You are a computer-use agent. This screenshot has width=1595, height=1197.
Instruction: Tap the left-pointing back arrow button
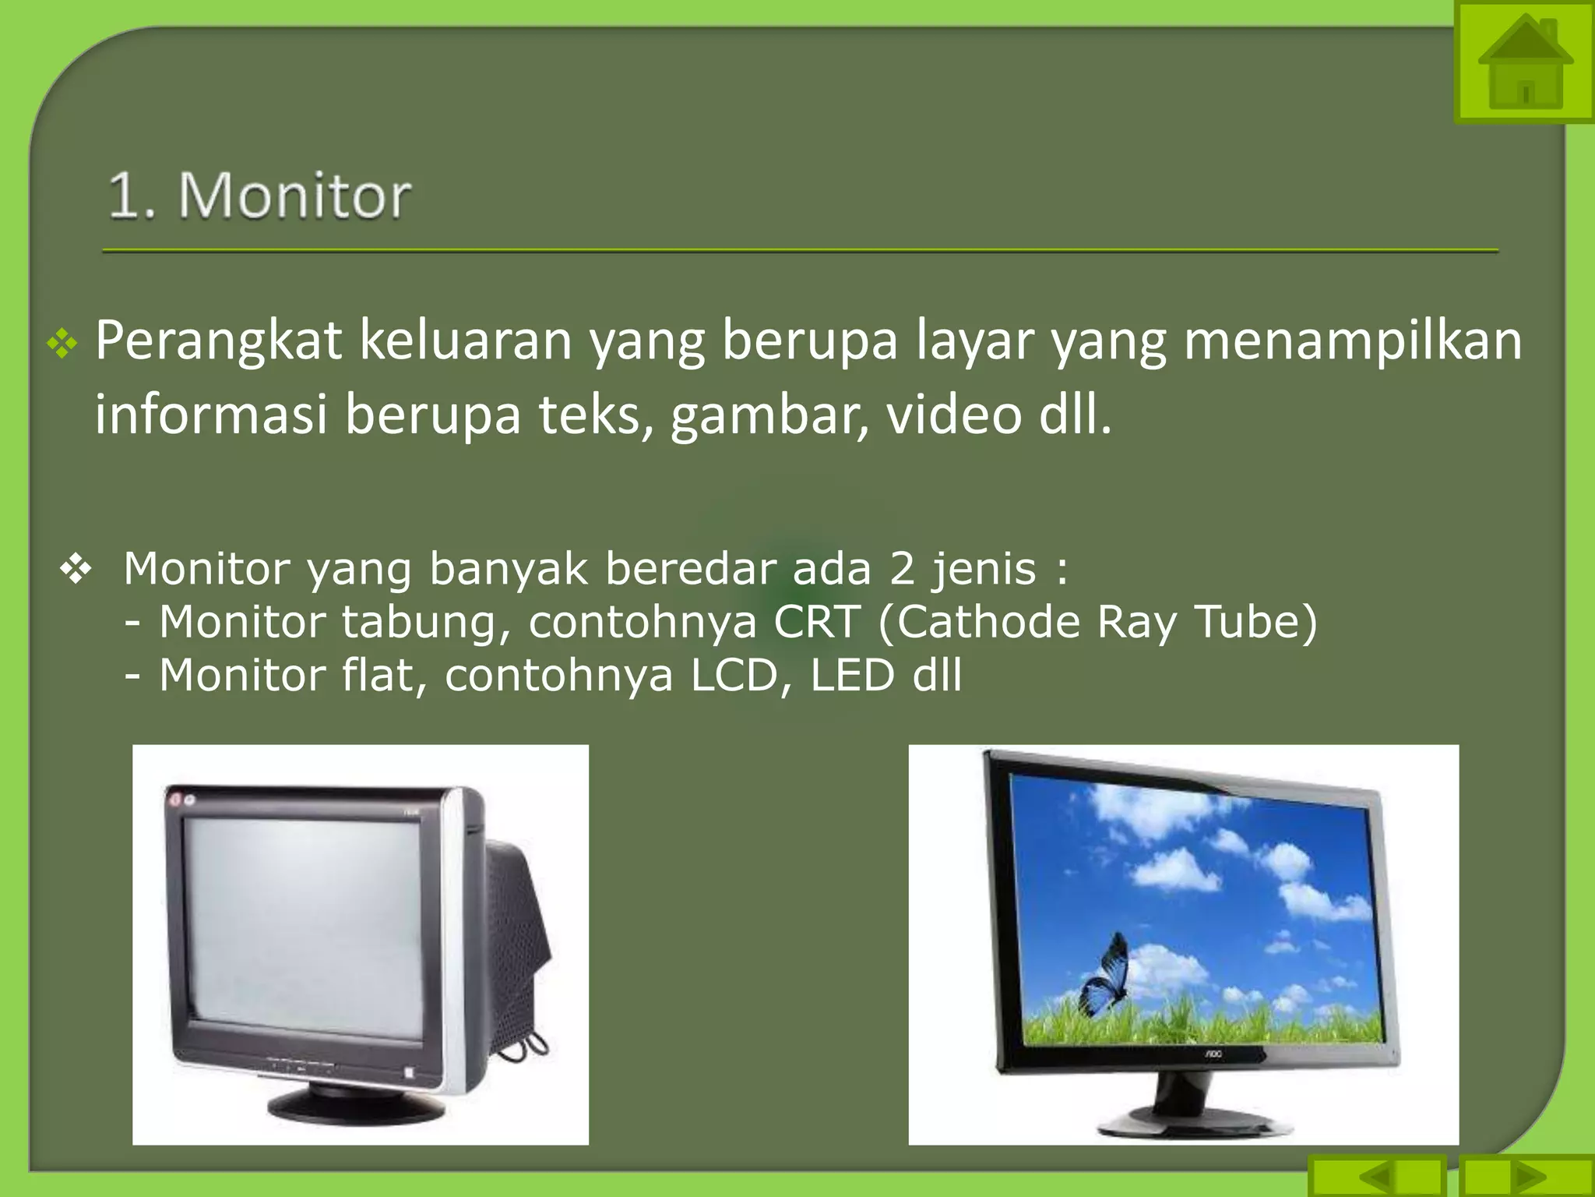point(1377,1176)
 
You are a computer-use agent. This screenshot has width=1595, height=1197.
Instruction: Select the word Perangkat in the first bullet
point(218,341)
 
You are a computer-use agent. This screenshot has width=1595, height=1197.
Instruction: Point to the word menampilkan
point(1353,341)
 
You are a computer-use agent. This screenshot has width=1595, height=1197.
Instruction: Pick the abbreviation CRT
point(817,622)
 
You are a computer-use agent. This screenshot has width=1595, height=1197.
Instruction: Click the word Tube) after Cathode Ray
point(1255,622)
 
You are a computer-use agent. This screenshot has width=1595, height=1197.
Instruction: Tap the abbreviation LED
point(852,675)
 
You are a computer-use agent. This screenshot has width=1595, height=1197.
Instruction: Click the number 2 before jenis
point(902,568)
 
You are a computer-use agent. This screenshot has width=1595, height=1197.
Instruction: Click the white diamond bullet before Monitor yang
point(76,569)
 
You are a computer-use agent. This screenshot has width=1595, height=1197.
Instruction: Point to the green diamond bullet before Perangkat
point(62,344)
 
